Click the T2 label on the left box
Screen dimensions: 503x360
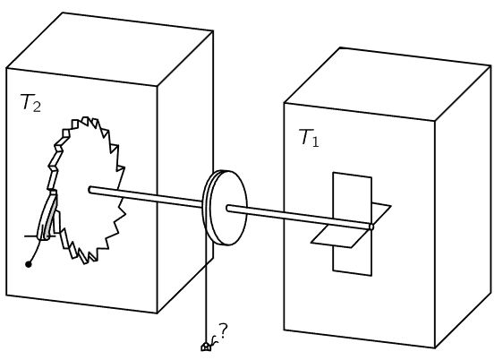(30, 103)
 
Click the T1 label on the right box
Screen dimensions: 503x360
(309, 138)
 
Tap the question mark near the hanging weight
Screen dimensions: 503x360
(223, 330)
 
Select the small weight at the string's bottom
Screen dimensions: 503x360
(206, 347)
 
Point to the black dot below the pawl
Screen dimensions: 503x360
(29, 264)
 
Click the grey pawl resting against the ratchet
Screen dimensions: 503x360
(47, 215)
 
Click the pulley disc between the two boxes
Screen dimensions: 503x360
(226, 208)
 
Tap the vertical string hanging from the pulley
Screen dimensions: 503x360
(206, 292)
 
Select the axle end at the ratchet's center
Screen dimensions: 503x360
(90, 190)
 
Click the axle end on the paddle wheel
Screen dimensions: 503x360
(371, 227)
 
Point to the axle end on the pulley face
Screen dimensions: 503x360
(229, 209)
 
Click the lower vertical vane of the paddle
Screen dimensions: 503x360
(353, 261)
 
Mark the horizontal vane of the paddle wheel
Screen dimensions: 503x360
(351, 227)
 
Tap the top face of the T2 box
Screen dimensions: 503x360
(110, 49)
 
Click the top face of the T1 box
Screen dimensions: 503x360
(388, 84)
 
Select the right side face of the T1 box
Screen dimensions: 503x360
(463, 207)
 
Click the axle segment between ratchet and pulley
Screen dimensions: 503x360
(146, 197)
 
